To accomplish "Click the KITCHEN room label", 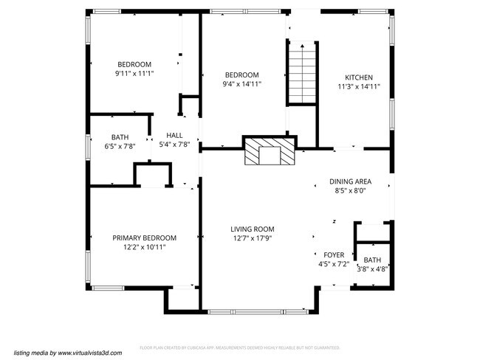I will pos(358,77).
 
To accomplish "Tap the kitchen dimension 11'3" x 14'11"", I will pos(358,87).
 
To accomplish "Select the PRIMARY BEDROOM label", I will pos(144,238).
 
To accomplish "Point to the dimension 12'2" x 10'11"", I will pos(144,247).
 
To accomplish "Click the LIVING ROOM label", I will pos(252,229).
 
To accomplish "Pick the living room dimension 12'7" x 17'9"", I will pos(252,238).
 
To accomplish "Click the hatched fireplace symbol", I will pos(269,153).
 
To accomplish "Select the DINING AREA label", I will pos(350,181).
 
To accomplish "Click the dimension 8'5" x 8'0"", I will pos(350,191).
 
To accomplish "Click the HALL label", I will pos(174,135).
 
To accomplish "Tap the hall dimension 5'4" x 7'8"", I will pos(174,145).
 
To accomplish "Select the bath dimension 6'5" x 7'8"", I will pos(119,147).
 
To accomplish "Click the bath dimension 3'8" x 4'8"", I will pos(372,269).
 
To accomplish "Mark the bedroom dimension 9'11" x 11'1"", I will pos(134,74).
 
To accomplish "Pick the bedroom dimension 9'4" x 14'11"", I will pos(241,84).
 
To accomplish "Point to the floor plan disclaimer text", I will pos(239,347).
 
